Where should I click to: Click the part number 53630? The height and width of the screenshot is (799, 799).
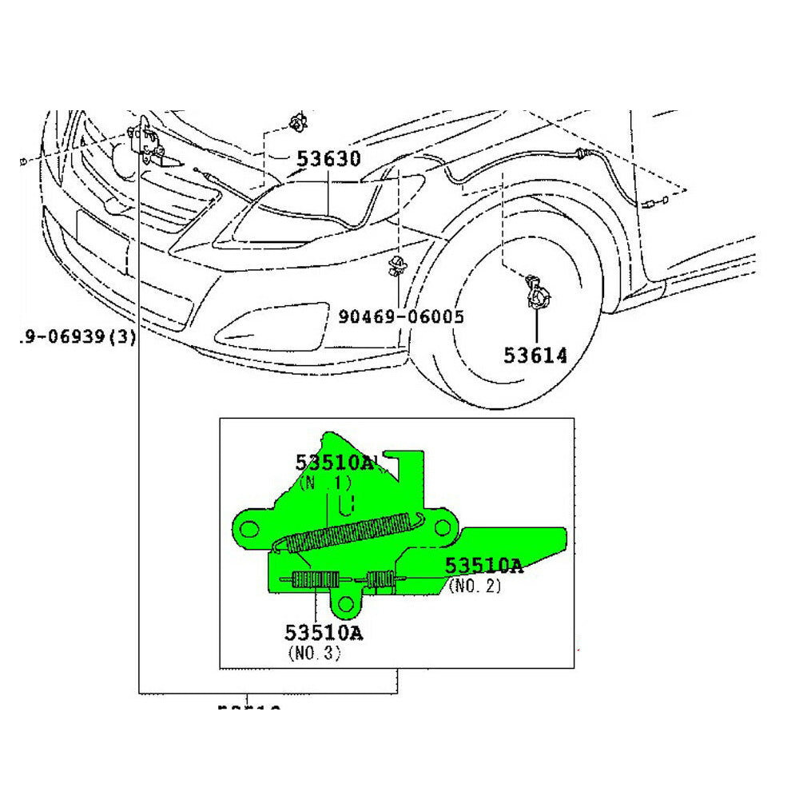click(x=328, y=159)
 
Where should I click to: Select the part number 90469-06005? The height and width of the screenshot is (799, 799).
click(x=400, y=317)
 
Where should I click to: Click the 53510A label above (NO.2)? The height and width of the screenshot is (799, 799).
click(x=483, y=566)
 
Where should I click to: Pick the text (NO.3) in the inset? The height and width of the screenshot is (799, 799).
click(x=313, y=654)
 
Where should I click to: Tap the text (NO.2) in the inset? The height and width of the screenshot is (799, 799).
click(x=475, y=586)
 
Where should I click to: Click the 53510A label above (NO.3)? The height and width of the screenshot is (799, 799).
click(x=323, y=633)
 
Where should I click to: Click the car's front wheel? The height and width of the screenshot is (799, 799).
click(x=511, y=320)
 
